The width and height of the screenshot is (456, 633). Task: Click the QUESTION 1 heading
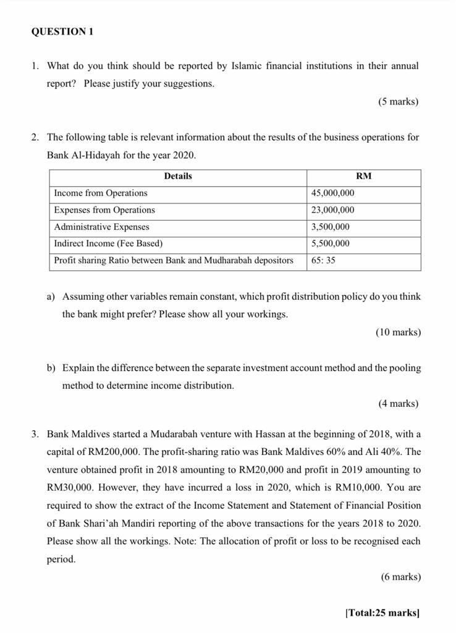pos(62,32)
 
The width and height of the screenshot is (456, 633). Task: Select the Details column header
pos(178,176)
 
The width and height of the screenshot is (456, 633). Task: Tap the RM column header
pos(364,176)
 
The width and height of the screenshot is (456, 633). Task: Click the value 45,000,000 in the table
pos(333,193)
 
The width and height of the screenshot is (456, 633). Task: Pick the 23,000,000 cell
pos(333,210)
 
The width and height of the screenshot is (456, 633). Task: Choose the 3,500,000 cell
pos(331,227)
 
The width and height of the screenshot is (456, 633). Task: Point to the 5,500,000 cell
pos(331,244)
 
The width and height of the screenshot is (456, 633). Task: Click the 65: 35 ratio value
pos(324,260)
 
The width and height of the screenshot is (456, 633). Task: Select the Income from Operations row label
pos(101,193)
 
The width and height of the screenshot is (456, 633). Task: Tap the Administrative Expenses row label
pos(102,227)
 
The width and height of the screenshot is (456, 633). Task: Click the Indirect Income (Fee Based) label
pos(109,244)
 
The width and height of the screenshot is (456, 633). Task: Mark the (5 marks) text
pos(398,101)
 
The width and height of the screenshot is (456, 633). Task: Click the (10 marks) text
pos(398,332)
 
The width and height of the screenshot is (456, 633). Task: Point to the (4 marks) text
pos(398,404)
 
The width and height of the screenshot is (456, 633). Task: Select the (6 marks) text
pos(400,577)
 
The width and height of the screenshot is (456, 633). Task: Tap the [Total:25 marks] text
pos(382,613)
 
